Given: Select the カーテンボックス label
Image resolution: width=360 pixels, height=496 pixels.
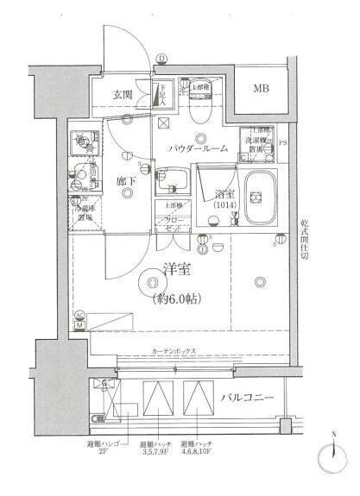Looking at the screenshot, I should click(175, 352).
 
